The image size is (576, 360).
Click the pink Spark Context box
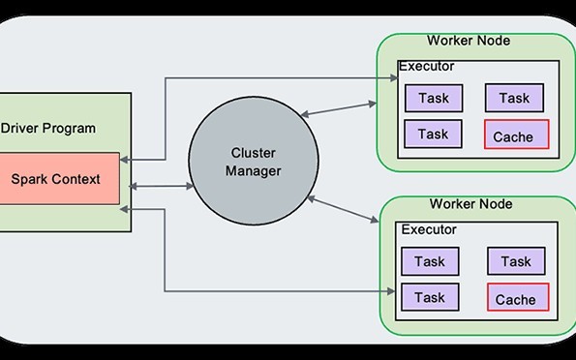point(58,179)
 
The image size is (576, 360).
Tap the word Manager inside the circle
point(255,171)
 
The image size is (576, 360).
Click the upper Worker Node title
point(469,41)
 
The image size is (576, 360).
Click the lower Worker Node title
point(469,204)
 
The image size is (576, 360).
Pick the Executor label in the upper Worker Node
point(427,66)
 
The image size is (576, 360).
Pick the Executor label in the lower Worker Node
point(429,229)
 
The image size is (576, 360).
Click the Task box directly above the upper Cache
point(514,98)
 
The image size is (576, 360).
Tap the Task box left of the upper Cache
point(432,135)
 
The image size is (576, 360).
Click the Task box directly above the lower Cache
point(516,261)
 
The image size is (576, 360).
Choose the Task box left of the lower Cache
point(430,297)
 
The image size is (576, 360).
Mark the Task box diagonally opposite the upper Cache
point(432,98)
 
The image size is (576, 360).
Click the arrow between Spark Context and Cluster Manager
point(158,185)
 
